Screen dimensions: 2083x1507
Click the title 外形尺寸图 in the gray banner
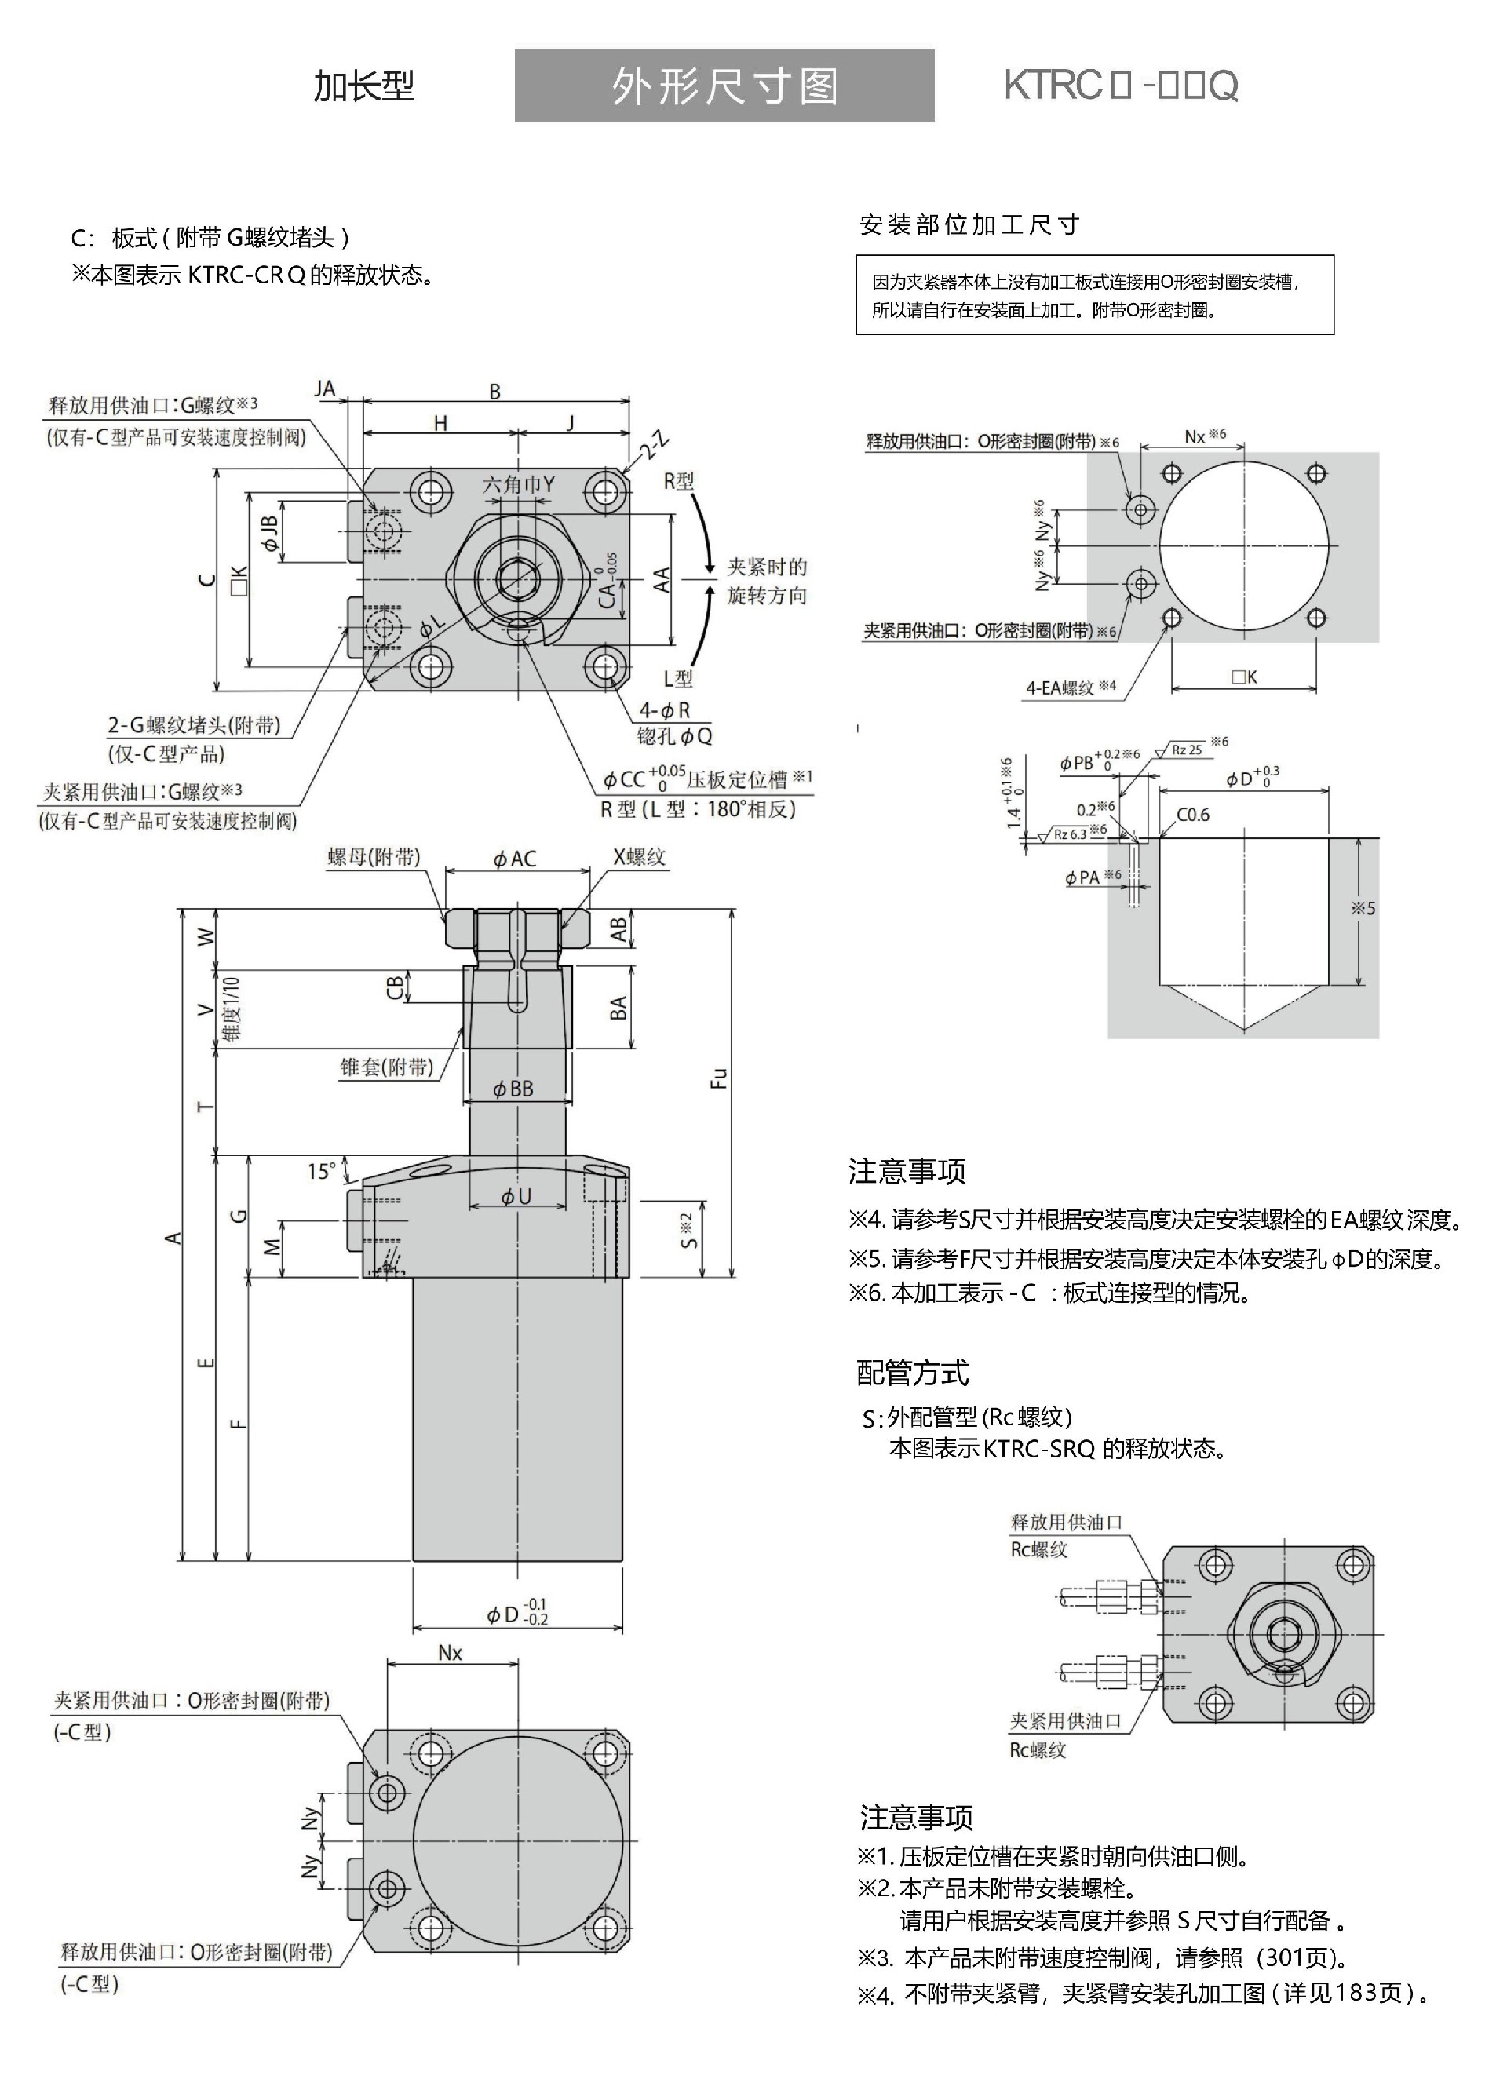pos(724,87)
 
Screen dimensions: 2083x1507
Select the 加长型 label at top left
pos(363,86)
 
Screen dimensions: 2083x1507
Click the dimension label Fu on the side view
pos(719,1078)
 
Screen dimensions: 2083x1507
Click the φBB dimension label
pos(513,1089)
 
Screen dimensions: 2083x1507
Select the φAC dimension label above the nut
pos(515,859)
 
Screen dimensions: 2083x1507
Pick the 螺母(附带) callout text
pos(374,857)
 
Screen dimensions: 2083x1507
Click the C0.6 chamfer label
pos(1193,815)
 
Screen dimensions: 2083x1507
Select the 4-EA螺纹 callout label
pos(1071,687)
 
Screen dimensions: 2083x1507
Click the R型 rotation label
pos(679,481)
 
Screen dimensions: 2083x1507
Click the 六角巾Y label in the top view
pos(519,484)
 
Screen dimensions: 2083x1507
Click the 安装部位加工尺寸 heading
pos(969,225)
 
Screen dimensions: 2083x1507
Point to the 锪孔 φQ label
pos(674,735)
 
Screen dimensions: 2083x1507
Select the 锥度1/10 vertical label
pos(232,1009)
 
